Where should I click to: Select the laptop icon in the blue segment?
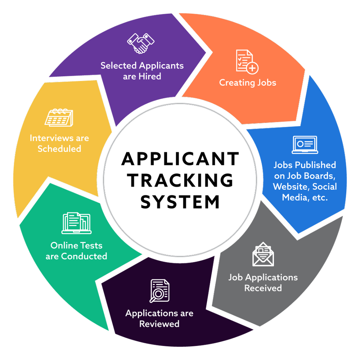[305, 145]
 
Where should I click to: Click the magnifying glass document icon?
[159, 290]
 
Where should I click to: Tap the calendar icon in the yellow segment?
[59, 117]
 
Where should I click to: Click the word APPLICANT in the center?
[180, 159]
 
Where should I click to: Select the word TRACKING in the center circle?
[180, 180]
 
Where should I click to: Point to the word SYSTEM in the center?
[180, 202]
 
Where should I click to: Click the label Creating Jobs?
[247, 83]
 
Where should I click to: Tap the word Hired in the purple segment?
[149, 76]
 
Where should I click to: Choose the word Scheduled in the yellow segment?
[59, 149]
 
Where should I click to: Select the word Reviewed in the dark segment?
[159, 324]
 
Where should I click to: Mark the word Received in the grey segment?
[263, 288]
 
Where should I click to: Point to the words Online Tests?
[76, 246]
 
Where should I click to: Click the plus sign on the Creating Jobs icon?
[253, 68]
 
